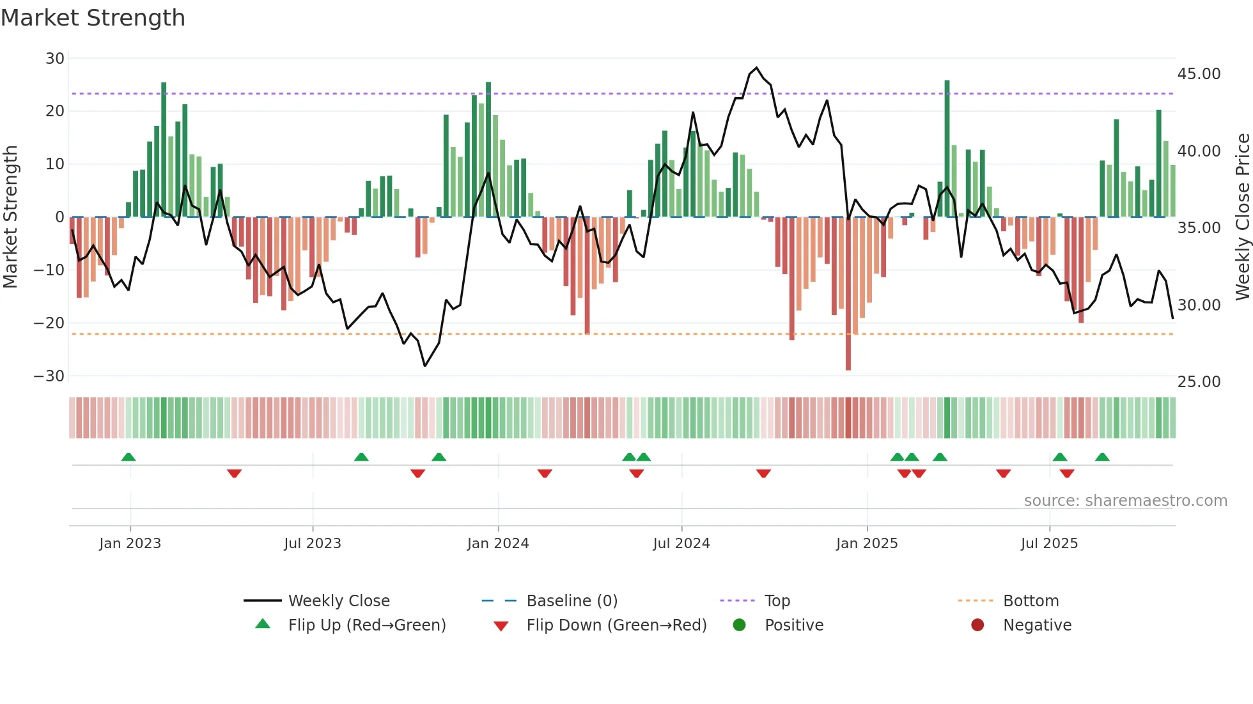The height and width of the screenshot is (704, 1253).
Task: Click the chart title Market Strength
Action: (x=93, y=18)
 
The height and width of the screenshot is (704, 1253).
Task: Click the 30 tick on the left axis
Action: (x=55, y=59)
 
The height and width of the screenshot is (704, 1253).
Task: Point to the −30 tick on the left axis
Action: (x=49, y=376)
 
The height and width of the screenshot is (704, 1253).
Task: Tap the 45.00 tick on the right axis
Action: (x=1199, y=74)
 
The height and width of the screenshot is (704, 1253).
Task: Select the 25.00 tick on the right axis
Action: (x=1199, y=382)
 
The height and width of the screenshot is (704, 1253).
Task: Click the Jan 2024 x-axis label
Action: (x=498, y=544)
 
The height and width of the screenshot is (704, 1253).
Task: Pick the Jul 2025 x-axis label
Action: (x=1049, y=544)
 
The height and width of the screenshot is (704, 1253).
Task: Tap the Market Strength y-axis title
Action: (x=10, y=217)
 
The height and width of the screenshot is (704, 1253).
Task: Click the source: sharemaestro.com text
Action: (x=1125, y=501)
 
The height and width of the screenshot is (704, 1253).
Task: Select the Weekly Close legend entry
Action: (x=339, y=601)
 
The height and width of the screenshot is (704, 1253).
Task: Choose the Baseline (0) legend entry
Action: (x=572, y=601)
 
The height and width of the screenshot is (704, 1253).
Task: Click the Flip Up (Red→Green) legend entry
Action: (x=366, y=625)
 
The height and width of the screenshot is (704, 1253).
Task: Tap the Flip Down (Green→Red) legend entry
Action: (x=616, y=625)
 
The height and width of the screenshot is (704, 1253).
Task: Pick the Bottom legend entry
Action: (x=1031, y=601)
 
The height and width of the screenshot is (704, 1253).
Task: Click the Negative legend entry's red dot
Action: (x=977, y=625)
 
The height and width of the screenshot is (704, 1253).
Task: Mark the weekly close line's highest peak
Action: (x=756, y=68)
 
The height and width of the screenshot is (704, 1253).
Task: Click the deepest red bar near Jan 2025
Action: (x=848, y=294)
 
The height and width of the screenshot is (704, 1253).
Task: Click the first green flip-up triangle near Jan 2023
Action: (x=128, y=457)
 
